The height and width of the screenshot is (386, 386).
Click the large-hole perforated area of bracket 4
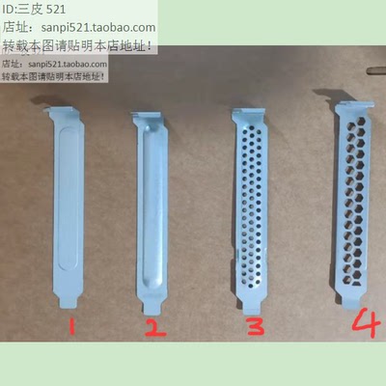tap(357, 193)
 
